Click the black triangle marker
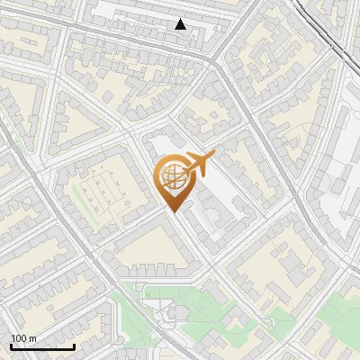click(x=181, y=24)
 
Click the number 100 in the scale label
click(x=19, y=338)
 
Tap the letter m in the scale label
click(x=32, y=338)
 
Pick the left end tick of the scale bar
click(x=11, y=346)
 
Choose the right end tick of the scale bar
click(x=74, y=346)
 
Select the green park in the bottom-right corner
click(x=337, y=315)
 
